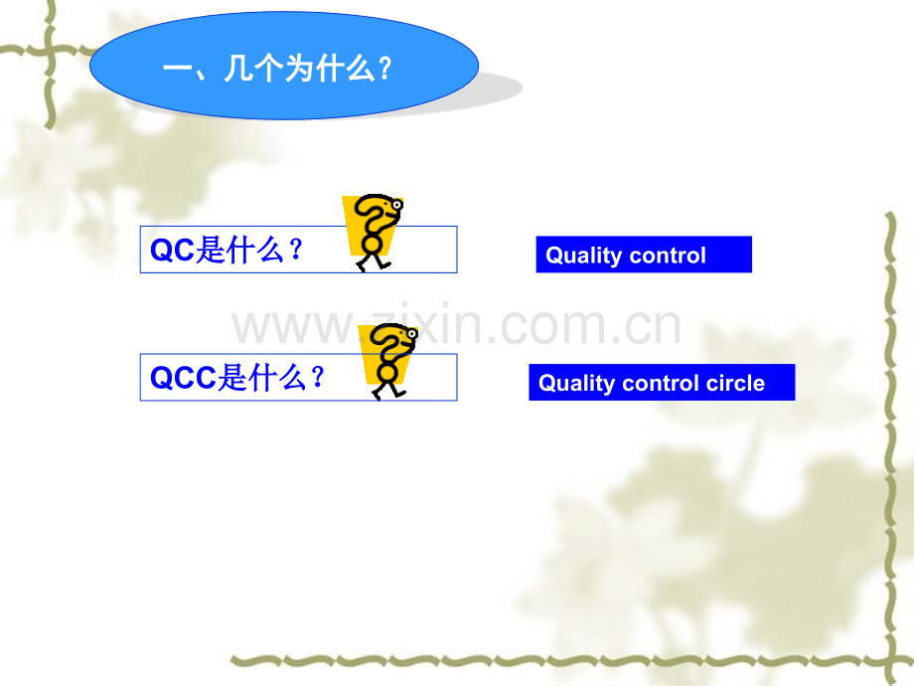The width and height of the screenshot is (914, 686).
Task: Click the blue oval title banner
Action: [x=284, y=66]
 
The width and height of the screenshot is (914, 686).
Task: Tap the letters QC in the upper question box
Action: [x=172, y=251]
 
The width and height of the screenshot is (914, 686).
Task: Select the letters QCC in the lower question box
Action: [x=183, y=378]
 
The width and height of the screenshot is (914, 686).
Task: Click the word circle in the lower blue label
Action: [x=735, y=383]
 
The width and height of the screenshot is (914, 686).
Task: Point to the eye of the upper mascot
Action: [x=397, y=205]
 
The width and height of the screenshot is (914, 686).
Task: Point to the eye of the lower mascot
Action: [x=412, y=334]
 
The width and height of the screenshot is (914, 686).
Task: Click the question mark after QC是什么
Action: [x=296, y=250]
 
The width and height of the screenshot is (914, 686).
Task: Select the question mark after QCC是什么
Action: [x=318, y=378]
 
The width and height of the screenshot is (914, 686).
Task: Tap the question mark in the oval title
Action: [x=384, y=69]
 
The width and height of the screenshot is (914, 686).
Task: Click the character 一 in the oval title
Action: [x=177, y=70]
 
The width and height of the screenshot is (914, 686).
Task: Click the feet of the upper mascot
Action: [x=374, y=263]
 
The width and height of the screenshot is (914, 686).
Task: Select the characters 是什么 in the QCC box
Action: [x=262, y=378]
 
